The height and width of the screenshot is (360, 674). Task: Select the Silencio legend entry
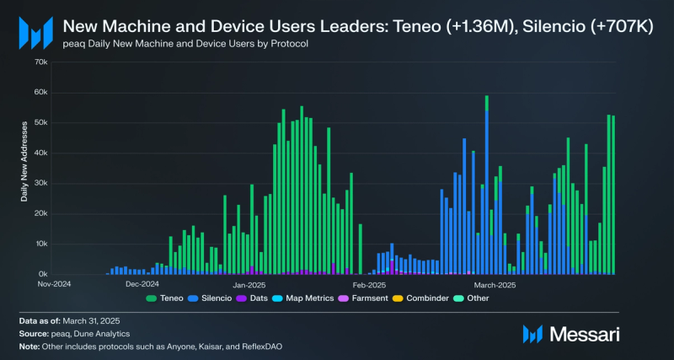(x=213, y=298)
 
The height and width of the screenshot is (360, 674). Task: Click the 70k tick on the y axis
(x=40, y=62)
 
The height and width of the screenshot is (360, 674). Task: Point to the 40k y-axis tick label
(x=40, y=153)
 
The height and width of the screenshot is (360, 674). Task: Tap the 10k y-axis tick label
(x=40, y=244)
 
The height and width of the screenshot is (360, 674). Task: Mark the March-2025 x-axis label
(x=495, y=284)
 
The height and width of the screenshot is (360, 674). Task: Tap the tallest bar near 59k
(x=487, y=185)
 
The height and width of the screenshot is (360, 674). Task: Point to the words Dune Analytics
(x=108, y=334)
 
